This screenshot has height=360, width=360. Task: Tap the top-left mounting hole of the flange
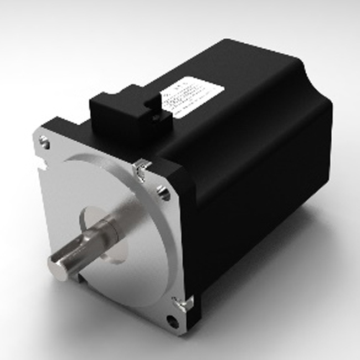tap(45, 144)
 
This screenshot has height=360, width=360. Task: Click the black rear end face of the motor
tap(316, 138)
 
